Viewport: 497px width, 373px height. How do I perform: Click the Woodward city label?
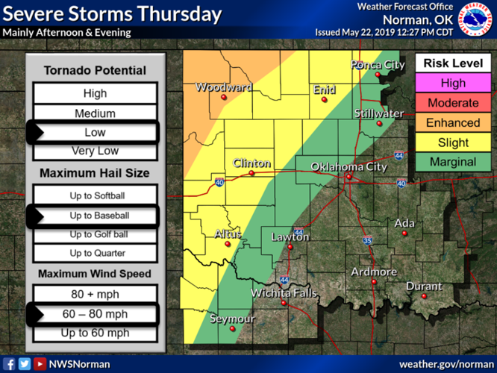tap(224, 88)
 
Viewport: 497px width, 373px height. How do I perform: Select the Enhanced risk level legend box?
tap(452, 122)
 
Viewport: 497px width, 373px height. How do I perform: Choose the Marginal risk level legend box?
tap(452, 162)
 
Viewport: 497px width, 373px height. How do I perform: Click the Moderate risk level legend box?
tap(452, 103)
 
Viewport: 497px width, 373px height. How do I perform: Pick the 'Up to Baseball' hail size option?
tap(95, 216)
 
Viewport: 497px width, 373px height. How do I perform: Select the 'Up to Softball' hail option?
tap(95, 195)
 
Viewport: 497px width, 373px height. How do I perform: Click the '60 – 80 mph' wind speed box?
tap(95, 314)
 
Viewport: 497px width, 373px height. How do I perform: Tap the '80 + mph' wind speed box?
tap(95, 294)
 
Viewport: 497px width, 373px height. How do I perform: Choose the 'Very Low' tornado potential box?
tap(95, 151)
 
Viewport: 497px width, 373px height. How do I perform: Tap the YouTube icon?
tap(39, 364)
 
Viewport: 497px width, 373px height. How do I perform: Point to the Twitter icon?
tap(24, 364)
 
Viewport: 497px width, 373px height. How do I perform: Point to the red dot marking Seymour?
tap(232, 328)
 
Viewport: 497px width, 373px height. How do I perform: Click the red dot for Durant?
tap(424, 296)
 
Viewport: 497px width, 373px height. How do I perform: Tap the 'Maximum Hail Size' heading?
tap(95, 173)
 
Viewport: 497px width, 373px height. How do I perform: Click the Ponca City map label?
tap(378, 66)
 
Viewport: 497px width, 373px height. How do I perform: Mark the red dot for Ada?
tap(404, 233)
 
